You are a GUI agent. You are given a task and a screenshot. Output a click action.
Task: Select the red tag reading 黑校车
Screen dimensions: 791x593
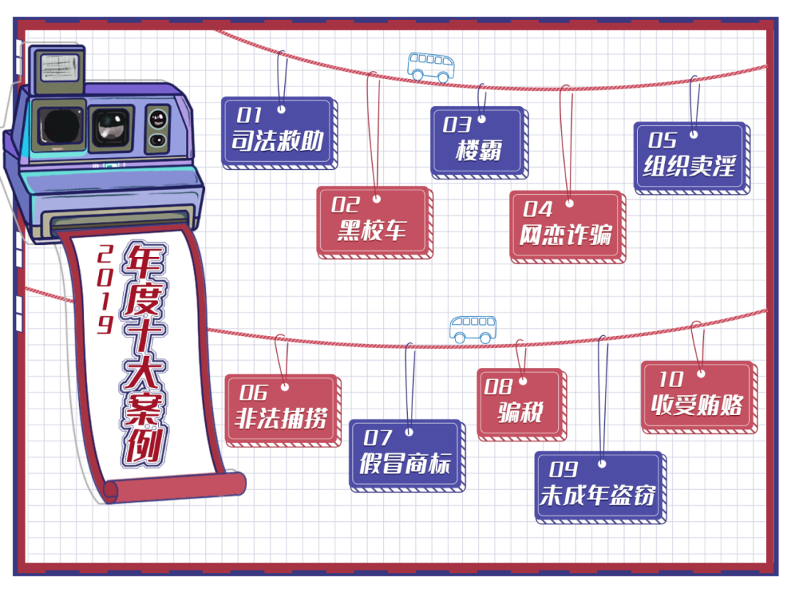point(375,223)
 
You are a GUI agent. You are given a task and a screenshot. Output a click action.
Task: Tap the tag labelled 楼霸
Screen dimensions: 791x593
point(479,143)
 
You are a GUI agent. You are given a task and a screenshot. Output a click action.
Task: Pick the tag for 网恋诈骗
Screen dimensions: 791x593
point(568,227)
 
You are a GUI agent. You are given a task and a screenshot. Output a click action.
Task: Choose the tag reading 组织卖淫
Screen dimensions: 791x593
point(691,158)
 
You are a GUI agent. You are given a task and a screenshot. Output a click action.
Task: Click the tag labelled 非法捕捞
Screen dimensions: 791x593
point(283,411)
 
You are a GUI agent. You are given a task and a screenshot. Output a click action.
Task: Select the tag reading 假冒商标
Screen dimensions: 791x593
point(407,456)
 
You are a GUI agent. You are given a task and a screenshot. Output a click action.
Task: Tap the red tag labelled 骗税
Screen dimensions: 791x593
point(521,405)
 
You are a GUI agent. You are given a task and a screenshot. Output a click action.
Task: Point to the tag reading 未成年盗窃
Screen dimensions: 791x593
point(601,488)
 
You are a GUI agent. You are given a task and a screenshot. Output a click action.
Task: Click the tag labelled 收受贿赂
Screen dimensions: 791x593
point(699,398)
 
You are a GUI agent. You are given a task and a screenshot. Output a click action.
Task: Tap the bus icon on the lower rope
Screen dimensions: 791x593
point(472,329)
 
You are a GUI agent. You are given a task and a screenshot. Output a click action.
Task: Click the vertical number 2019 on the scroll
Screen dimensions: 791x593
point(105,289)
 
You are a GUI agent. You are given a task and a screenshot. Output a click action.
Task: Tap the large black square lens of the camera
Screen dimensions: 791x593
point(59,126)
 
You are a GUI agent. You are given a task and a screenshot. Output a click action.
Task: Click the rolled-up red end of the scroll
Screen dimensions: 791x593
point(174,487)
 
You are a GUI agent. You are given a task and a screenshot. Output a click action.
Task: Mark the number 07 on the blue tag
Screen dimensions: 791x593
point(377,438)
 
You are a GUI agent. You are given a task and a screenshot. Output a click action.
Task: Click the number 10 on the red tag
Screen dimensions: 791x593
point(671,379)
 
